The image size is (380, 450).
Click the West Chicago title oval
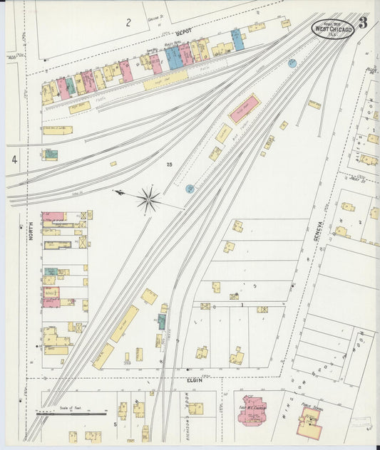(x=332, y=28)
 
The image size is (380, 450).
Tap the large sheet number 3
(x=364, y=23)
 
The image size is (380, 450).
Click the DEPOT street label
(x=184, y=33)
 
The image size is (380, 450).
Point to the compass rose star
(x=148, y=199)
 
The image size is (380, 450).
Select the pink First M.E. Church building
(x=251, y=410)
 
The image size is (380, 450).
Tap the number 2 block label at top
(x=128, y=23)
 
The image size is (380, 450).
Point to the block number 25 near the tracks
(x=169, y=165)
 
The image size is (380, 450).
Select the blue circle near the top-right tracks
(x=292, y=63)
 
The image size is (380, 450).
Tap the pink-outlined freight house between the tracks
(x=245, y=108)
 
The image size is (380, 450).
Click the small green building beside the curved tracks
(x=162, y=321)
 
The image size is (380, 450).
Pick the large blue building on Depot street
(x=173, y=58)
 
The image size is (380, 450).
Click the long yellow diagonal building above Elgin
(x=125, y=323)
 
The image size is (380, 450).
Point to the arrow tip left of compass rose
(x=115, y=191)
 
